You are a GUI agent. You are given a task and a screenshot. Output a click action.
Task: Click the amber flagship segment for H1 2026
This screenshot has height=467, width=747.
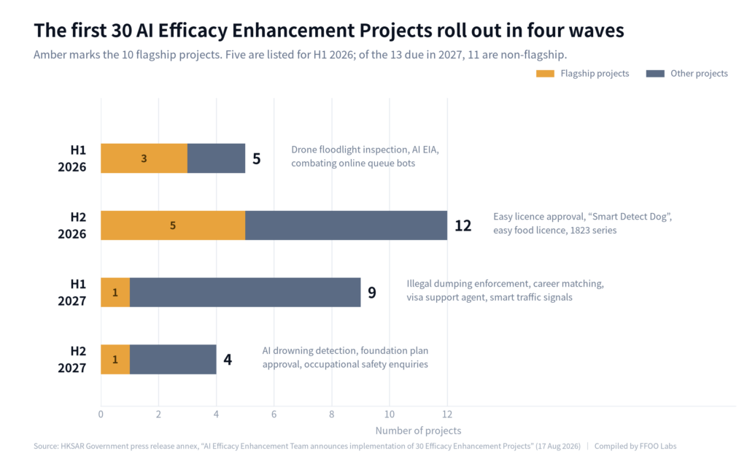pyautogui.click(x=144, y=158)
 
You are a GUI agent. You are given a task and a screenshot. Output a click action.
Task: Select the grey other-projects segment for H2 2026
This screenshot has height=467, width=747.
pyautogui.click(x=347, y=225)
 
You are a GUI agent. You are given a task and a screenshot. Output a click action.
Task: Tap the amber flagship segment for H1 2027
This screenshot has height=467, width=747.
pyautogui.click(x=115, y=293)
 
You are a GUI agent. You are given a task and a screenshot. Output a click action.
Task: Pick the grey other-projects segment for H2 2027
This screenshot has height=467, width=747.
pyautogui.click(x=173, y=359)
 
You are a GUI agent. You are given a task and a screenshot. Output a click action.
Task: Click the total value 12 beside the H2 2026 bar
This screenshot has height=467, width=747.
pyautogui.click(x=462, y=225)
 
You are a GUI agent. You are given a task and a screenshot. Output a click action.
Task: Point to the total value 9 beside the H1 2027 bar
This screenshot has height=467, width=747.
pyautogui.click(x=372, y=293)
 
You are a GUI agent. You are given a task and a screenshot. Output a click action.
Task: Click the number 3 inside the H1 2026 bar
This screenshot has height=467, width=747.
pyautogui.click(x=144, y=158)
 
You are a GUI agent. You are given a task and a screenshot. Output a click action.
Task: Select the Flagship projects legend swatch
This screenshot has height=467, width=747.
pyautogui.click(x=545, y=74)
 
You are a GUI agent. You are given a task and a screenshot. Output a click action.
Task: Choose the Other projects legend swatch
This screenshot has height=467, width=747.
pyautogui.click(x=655, y=74)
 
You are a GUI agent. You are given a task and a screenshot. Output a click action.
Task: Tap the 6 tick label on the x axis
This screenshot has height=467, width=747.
pyautogui.click(x=274, y=414)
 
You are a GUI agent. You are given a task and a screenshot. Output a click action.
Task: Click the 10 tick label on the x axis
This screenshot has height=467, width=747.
pyautogui.click(x=390, y=414)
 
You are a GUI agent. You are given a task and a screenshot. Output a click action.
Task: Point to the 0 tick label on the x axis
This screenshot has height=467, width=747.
pyautogui.click(x=101, y=414)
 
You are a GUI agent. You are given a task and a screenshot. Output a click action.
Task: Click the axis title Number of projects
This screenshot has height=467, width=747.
pyautogui.click(x=418, y=431)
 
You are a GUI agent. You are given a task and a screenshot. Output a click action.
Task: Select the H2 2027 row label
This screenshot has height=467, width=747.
pyautogui.click(x=72, y=359)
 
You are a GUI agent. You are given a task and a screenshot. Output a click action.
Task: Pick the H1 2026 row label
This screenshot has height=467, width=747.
pyautogui.click(x=72, y=158)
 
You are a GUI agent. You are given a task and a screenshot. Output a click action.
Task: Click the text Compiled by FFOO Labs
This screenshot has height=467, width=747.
pyautogui.click(x=635, y=447)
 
